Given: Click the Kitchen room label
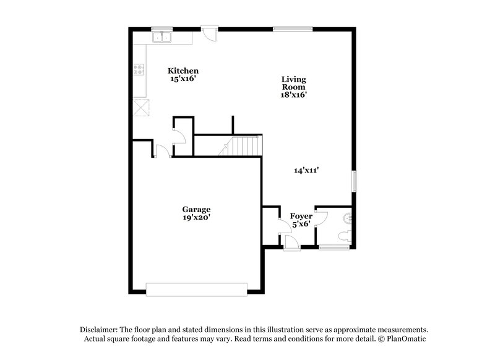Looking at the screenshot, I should click(184, 71).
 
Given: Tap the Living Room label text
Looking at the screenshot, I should click(293, 87).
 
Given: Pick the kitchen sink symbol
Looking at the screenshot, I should click(162, 38).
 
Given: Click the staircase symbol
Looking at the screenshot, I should click(245, 147).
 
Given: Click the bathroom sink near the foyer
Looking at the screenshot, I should click(349, 217).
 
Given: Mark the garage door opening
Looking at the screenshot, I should click(196, 289).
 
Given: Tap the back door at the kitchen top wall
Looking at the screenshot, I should click(210, 32).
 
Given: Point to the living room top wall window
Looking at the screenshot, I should click(293, 28).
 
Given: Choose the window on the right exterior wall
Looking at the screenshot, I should click(355, 181).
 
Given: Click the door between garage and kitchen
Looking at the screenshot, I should click(161, 151).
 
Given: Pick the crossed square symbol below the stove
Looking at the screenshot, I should click(142, 107).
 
